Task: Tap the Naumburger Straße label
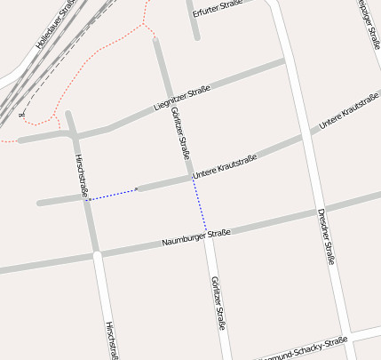[x=196, y=237]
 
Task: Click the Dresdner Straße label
[x=326, y=236]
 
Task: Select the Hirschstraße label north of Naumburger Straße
[x=82, y=174]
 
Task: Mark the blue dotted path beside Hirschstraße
[x=111, y=194]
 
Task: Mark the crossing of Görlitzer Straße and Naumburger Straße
[x=207, y=234]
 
